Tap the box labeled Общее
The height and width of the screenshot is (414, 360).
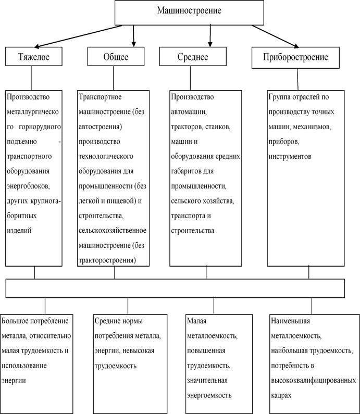click(x=115, y=57)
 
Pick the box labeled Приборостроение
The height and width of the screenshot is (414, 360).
click(x=297, y=57)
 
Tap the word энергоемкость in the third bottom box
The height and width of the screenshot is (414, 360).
click(x=208, y=396)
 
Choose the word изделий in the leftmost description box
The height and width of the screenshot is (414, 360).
click(x=18, y=230)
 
